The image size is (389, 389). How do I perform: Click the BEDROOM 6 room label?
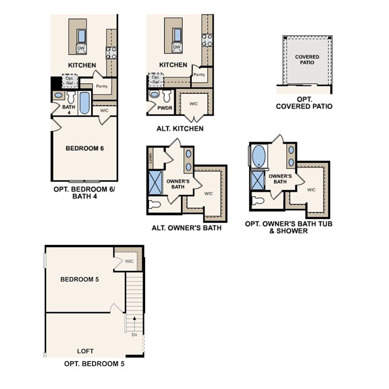point(85,148)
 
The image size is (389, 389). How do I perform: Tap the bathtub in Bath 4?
point(85,103)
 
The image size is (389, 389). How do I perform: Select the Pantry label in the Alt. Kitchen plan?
point(199,74)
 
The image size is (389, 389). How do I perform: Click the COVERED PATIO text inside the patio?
point(307,60)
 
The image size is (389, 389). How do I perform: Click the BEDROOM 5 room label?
point(80,279)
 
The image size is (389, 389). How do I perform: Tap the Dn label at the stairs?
point(134,334)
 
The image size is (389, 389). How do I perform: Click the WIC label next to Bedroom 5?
point(129,261)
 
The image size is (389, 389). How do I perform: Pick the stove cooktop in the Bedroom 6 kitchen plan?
point(111,52)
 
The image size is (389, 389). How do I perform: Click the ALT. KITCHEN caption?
point(180,128)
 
